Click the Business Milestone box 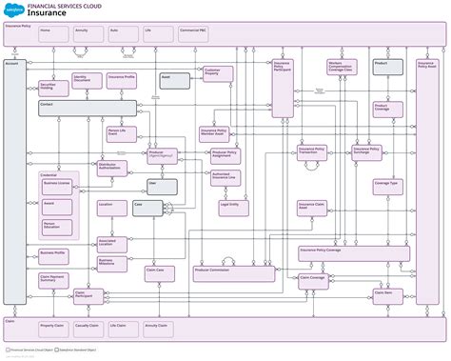coord(112,262)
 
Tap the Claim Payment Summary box coord(55,280)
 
